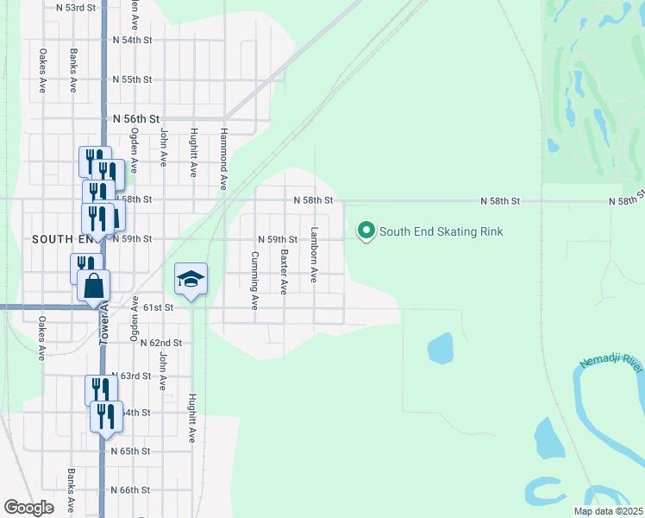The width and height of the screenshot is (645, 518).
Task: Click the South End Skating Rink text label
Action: [441, 231]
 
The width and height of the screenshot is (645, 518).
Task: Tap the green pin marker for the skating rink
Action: [366, 231]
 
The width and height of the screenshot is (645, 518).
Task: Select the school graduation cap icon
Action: [191, 279]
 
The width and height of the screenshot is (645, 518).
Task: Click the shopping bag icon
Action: [93, 285]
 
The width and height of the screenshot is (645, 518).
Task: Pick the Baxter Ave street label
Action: [284, 273]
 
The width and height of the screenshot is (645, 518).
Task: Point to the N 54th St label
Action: [132, 40]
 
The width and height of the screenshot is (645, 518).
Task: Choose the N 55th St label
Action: [132, 79]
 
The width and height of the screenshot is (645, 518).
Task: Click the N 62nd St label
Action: [160, 343]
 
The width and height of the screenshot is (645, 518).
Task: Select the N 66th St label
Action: [131, 490]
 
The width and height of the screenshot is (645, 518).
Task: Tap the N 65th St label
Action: [131, 452]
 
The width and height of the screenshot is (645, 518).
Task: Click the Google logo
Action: [28, 508]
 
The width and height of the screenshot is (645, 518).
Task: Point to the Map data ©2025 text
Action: [607, 511]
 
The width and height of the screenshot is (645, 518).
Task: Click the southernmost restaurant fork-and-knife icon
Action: [106, 417]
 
